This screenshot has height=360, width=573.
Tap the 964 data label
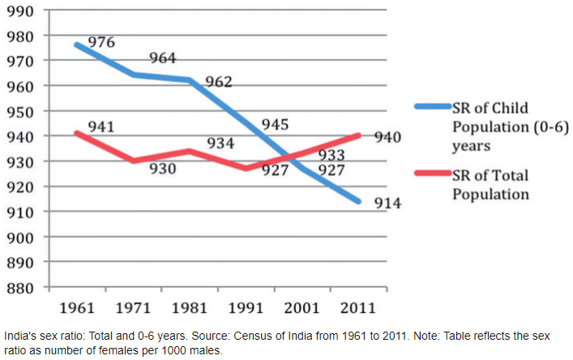161,58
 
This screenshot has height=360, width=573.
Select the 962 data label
218,82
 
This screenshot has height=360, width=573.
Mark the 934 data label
220,144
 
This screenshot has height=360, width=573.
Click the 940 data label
387,137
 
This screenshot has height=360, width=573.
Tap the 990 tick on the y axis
19,11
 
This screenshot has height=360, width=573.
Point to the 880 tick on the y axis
19,287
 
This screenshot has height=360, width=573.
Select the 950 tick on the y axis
19,111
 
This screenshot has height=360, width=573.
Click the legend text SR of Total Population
490,185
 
